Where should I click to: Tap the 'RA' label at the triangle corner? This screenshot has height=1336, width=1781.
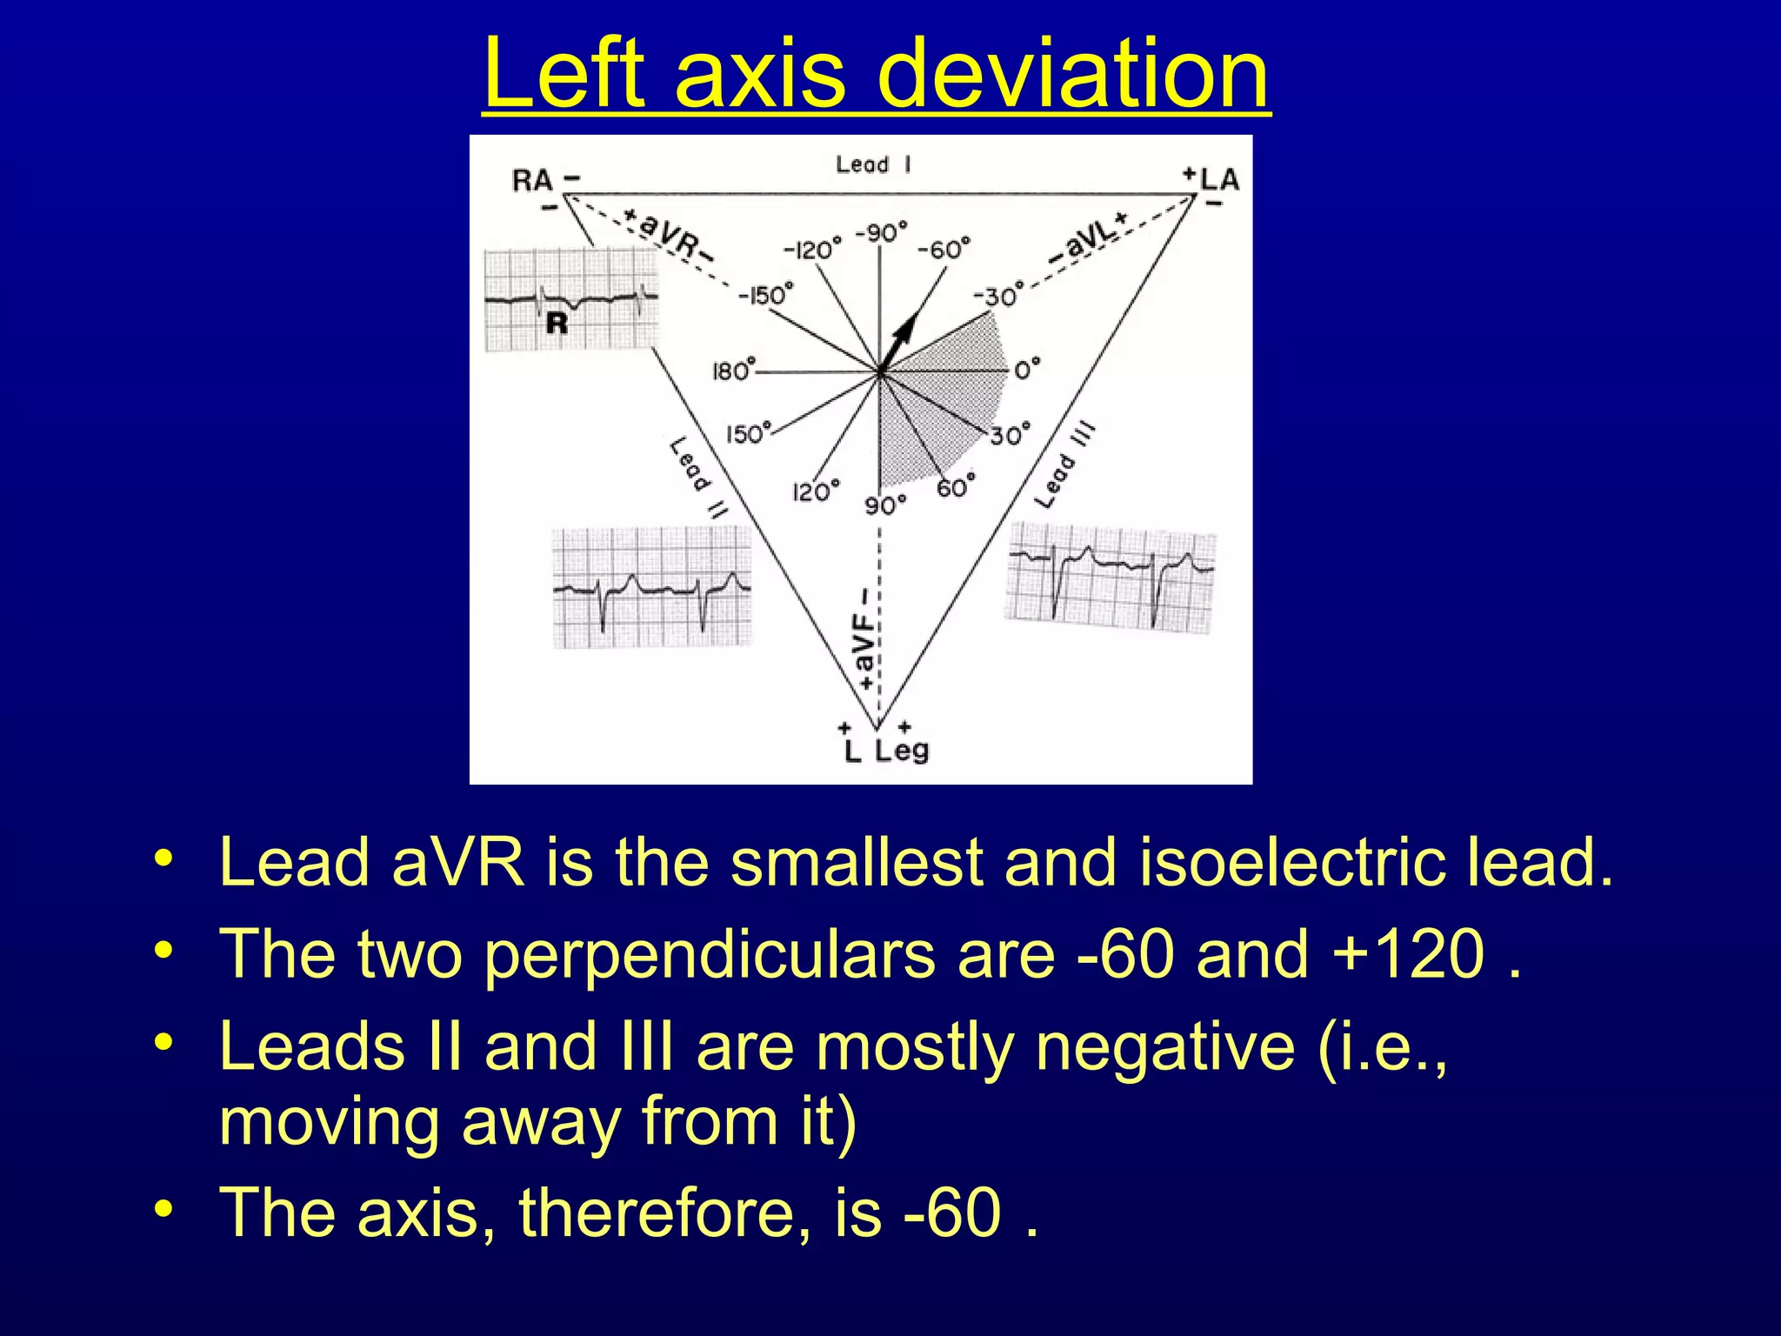532,181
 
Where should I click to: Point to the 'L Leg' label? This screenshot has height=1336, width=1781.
886,750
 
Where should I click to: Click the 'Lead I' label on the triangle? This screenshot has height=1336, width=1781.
873,164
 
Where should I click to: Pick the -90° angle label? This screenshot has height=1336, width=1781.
881,233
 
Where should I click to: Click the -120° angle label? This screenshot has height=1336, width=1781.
813,250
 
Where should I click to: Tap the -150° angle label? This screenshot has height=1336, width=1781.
766,295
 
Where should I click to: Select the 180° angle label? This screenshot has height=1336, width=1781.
732,371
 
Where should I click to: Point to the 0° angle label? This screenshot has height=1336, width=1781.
1026,371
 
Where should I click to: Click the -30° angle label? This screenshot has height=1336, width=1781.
996,297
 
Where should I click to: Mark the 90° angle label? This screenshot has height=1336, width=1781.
885,505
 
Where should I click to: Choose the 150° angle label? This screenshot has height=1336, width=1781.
749,433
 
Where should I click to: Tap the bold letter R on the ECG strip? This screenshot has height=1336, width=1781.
557,324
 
